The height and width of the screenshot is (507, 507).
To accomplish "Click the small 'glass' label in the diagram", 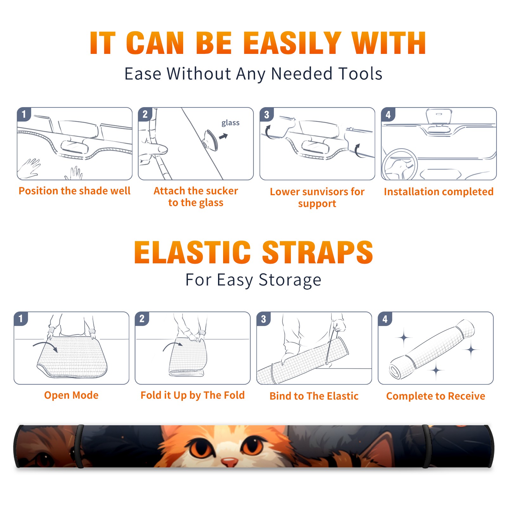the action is tap(230, 123).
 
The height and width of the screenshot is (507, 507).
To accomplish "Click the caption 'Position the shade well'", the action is tap(74, 191).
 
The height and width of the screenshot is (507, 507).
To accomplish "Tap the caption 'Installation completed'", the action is tap(439, 192).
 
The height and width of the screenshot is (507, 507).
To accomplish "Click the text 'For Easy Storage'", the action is tap(253, 280).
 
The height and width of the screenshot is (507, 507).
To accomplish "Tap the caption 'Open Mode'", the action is tap(71, 395).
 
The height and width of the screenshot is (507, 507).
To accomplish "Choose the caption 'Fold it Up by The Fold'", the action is tap(193, 395).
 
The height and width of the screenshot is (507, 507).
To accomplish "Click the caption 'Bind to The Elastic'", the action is tap(314, 396).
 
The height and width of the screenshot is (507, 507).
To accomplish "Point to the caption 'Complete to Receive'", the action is tap(436, 396).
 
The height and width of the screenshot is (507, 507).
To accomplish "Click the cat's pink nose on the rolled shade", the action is tap(229, 462).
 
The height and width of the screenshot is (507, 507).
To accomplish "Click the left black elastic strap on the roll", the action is tap(80, 446).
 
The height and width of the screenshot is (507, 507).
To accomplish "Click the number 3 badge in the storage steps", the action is tap(263, 319).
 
